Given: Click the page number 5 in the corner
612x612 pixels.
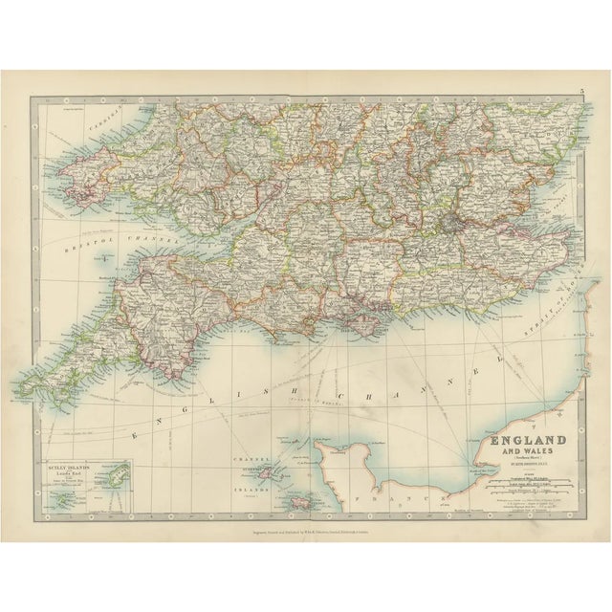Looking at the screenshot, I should point(580,93).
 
